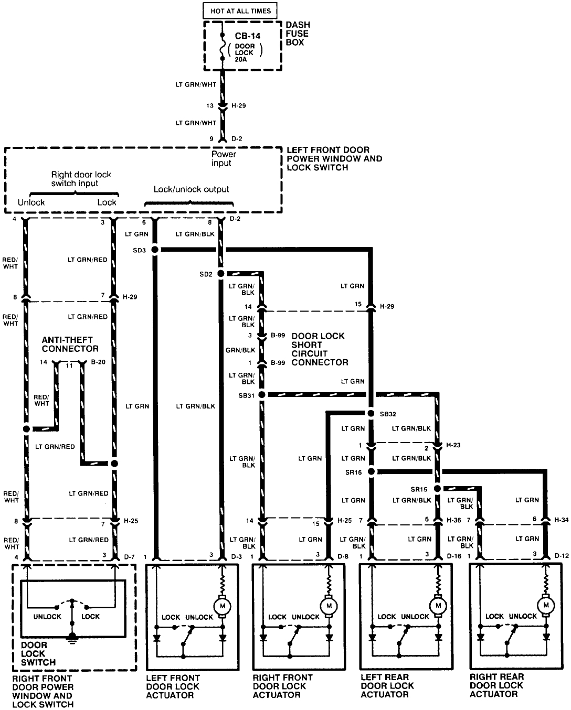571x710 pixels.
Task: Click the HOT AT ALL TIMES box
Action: click(240, 10)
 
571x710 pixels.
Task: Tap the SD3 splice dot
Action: click(155, 250)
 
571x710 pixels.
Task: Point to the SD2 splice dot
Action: click(221, 274)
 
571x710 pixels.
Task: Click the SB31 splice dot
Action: click(263, 395)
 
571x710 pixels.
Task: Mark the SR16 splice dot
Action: click(371, 471)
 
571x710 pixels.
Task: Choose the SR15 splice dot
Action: click(437, 488)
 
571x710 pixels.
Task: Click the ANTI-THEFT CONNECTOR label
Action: click(70, 344)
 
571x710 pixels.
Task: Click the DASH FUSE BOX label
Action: click(298, 34)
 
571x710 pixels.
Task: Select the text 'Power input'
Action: click(224, 158)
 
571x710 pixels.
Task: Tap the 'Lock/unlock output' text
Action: click(191, 189)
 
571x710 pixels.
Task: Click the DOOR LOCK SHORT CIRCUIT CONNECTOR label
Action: click(320, 349)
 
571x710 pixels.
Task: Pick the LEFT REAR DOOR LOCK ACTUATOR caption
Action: click(387, 685)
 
